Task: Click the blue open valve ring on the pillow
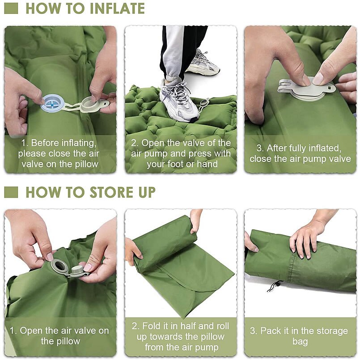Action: coord(52,103)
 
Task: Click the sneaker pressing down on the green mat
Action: coord(179,101)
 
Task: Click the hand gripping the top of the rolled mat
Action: coord(196,220)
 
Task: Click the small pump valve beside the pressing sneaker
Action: coord(204,103)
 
